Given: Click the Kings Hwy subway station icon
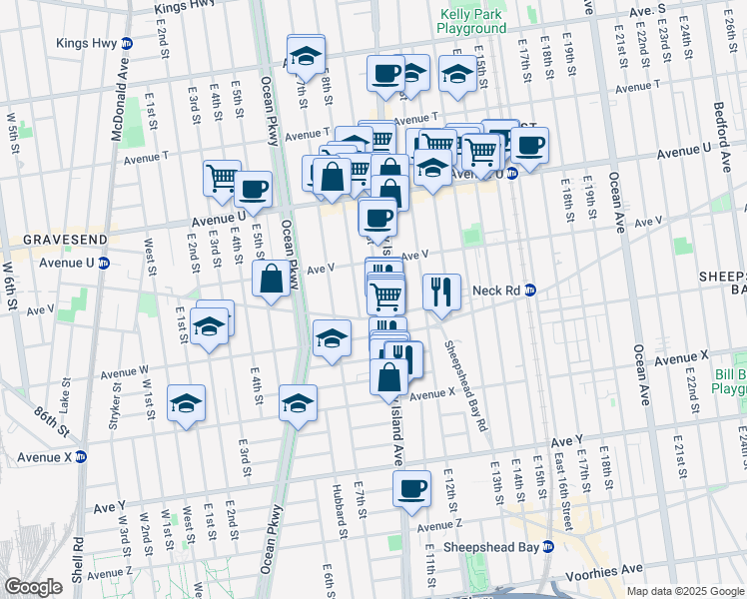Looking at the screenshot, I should [x=126, y=44].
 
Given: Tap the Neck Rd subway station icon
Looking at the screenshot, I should [x=530, y=291].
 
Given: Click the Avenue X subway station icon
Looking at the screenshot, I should [x=82, y=457].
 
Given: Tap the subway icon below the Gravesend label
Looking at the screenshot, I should [x=103, y=263].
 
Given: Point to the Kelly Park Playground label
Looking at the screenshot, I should [x=471, y=22].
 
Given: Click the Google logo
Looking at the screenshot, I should [x=33, y=587].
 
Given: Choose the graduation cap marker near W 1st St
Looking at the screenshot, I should [x=186, y=403].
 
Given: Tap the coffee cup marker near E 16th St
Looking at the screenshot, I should [x=529, y=144].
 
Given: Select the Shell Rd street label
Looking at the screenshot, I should [x=77, y=559].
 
